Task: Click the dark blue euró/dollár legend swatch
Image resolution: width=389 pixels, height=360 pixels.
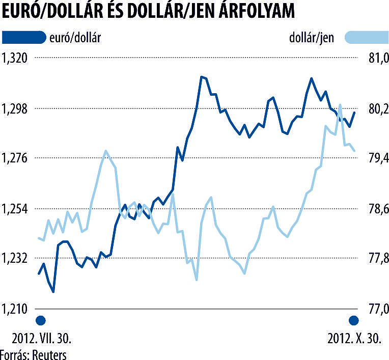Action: coord(24,37)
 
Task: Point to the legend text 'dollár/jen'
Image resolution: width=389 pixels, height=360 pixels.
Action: coord(312,38)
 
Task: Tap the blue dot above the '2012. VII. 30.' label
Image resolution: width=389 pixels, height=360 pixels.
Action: coord(41,321)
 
